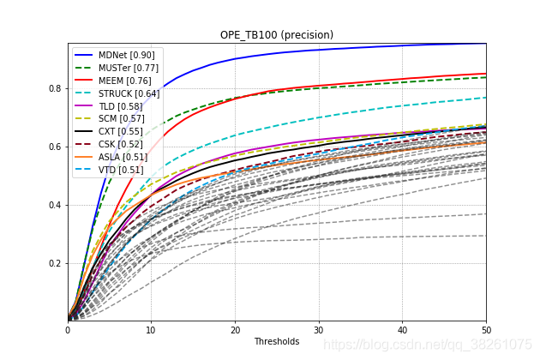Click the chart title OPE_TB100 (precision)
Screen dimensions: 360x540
(x=277, y=35)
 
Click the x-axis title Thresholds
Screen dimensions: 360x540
(x=277, y=341)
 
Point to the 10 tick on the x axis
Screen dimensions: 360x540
(x=152, y=329)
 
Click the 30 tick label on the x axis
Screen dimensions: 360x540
(x=319, y=329)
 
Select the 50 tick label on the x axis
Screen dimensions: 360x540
(x=486, y=329)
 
